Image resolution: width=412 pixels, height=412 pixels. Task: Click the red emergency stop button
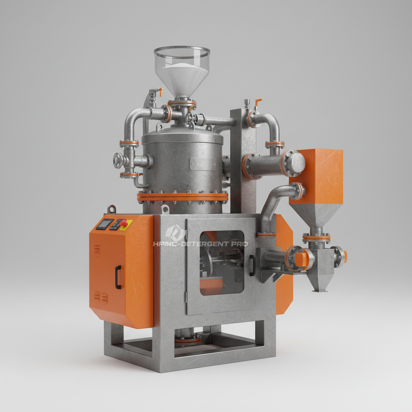pos(124,223)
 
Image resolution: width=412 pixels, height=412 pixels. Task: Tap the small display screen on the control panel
pos(105,224)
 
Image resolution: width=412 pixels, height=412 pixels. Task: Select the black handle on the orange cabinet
pos(118,277)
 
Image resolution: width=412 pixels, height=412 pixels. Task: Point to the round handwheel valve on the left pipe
pos(118,161)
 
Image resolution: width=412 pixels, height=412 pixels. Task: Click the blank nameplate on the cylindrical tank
pos(203,164)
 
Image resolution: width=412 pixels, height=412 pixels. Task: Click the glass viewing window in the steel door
pos(221,262)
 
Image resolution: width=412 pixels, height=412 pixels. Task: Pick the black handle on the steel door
pos(252,266)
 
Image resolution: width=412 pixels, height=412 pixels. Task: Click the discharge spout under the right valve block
pos(320,284)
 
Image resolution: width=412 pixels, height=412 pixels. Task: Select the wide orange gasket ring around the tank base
pos(182,197)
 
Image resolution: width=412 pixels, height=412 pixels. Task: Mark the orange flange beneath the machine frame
pos(187,340)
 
